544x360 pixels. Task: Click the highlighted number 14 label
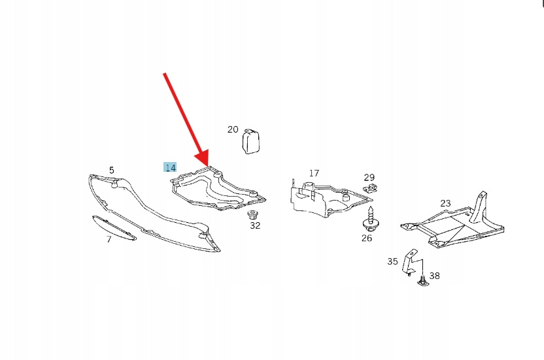pos(170,167)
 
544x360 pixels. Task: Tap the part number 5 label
pos(111,170)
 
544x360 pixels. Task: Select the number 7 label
pos(109,239)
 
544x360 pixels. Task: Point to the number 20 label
pos(233,129)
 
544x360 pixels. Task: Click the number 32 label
pos(255,225)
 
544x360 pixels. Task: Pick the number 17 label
pos(314,172)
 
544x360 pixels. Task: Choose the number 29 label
pos(369,177)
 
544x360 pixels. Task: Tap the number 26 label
pos(367,238)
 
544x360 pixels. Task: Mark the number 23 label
pos(445,203)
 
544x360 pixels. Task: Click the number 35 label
pos(392,261)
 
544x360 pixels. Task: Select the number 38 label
pos(434,276)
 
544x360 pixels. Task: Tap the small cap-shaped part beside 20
pos(250,141)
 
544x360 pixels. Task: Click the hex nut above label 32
pos(252,215)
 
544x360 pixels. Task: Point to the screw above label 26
pos(371,219)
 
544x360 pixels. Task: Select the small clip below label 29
pos(371,189)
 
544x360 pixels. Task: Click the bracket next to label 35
pos(410,263)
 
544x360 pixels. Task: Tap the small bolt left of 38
pos(422,281)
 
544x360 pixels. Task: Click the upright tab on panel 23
pos(478,206)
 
